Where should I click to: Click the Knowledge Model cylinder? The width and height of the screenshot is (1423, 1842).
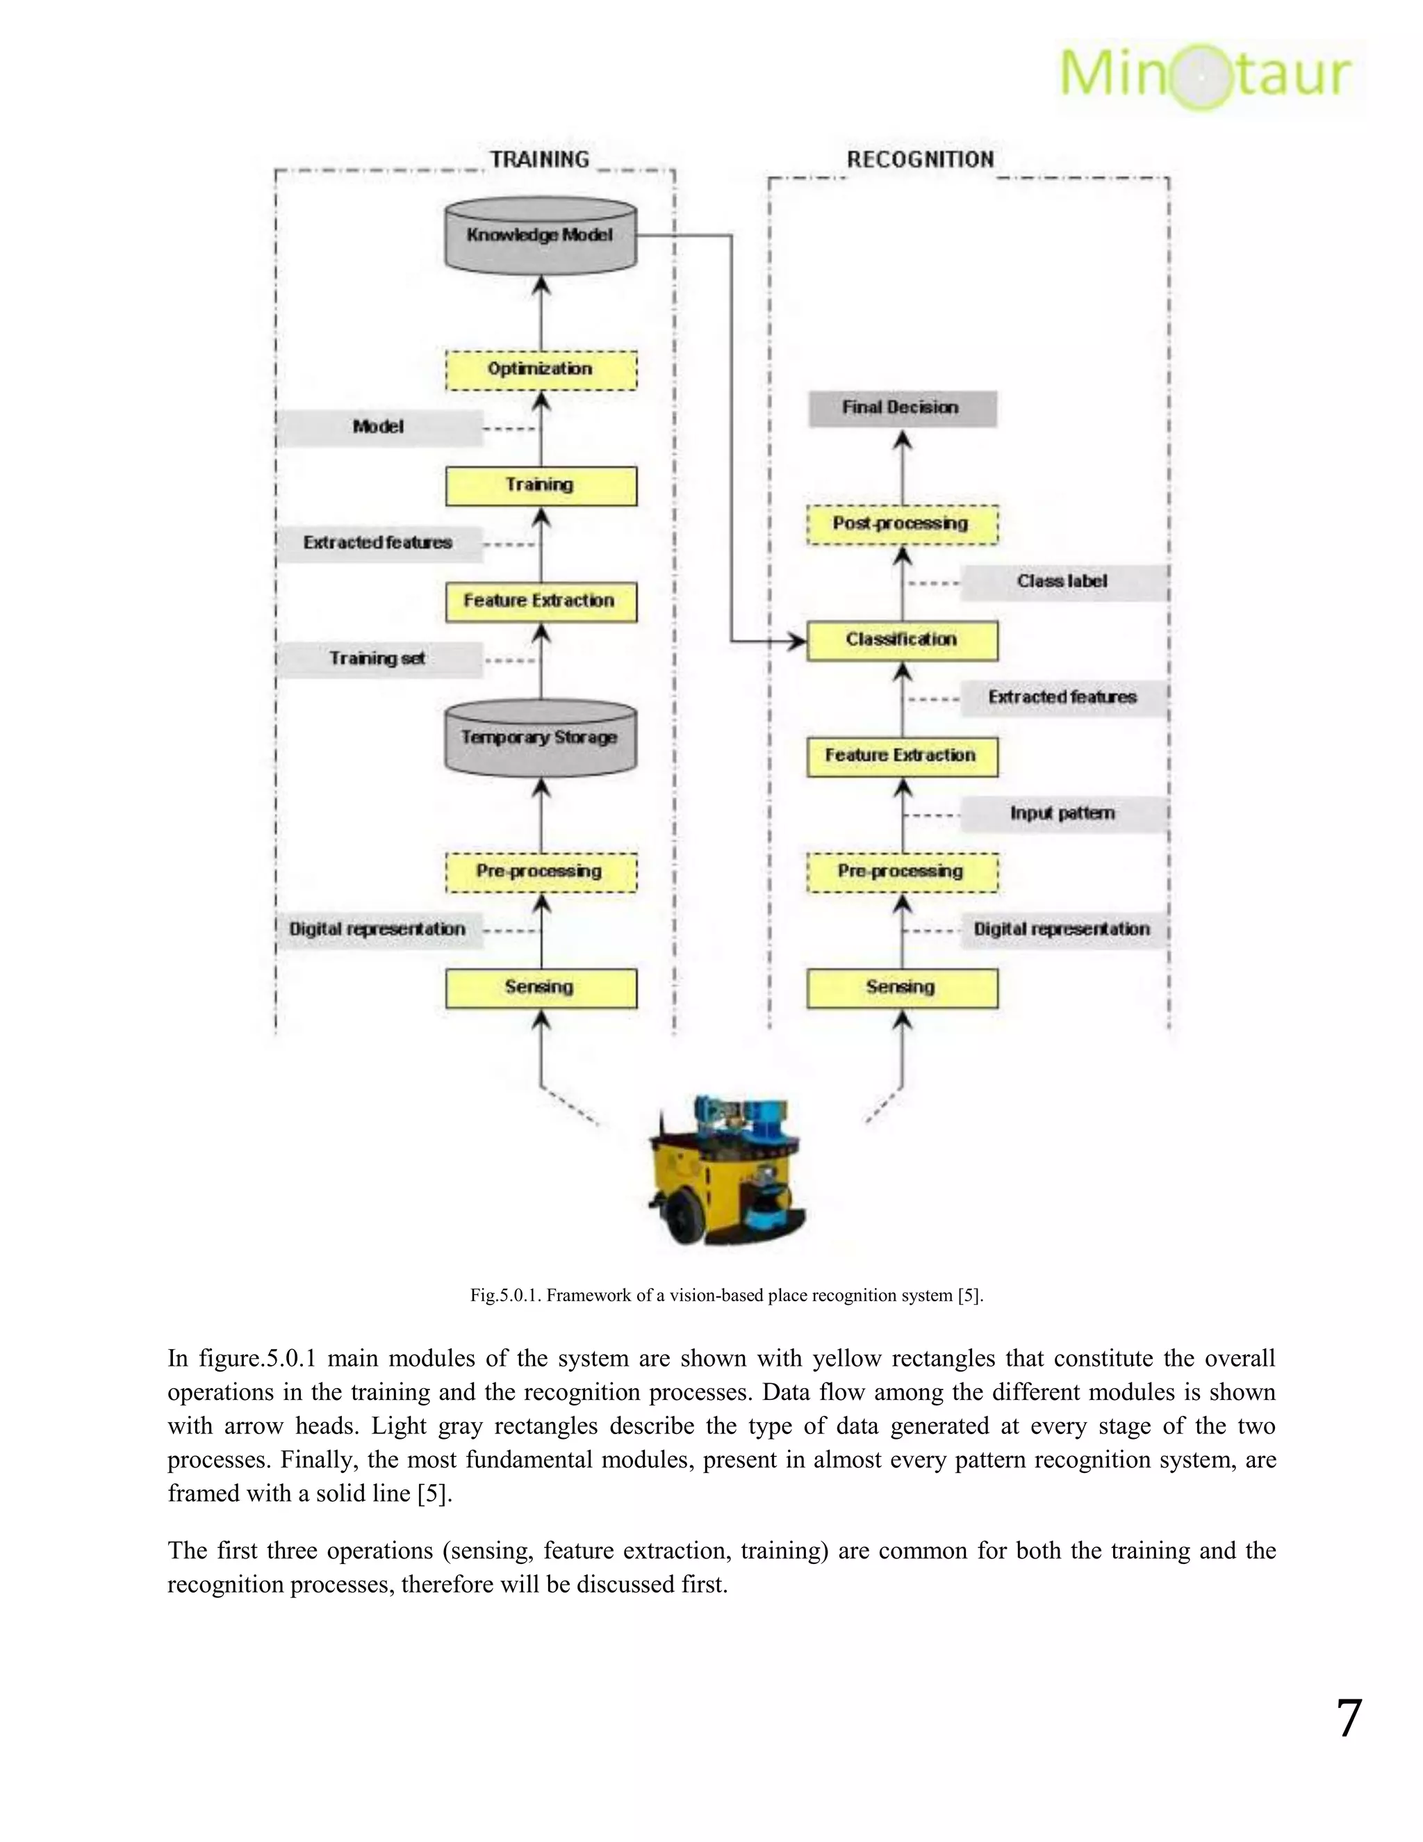[x=541, y=236]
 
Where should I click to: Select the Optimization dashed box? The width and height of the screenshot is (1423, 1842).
[x=541, y=369]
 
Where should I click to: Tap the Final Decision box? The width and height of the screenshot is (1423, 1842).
[x=902, y=408]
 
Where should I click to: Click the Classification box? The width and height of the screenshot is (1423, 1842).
[x=902, y=640]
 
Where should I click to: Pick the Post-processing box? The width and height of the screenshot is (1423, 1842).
[x=902, y=524]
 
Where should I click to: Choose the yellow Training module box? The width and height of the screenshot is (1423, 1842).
[x=541, y=486]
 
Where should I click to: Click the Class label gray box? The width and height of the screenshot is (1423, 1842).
[x=1063, y=582]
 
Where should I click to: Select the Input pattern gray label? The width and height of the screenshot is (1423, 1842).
[x=1063, y=814]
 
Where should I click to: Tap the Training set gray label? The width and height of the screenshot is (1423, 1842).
[x=379, y=659]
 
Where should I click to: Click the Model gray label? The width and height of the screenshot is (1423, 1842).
[x=379, y=427]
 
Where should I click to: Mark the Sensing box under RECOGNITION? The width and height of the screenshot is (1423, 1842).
[x=902, y=988]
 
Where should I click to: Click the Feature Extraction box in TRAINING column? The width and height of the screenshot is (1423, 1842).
[x=541, y=601]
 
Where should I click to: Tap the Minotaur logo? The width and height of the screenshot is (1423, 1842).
[x=1206, y=74]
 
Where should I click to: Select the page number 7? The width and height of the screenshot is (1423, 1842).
[x=1349, y=1719]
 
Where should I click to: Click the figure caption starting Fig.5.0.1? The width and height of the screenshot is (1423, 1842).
[x=726, y=1296]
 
